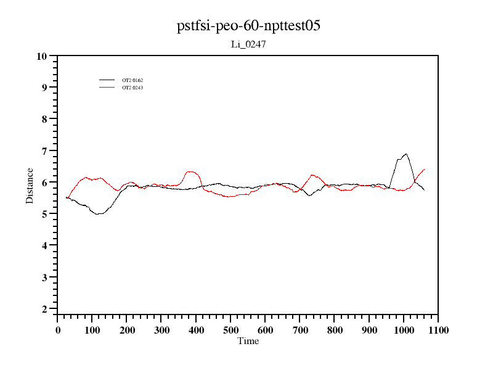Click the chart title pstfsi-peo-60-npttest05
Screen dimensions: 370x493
[248, 27]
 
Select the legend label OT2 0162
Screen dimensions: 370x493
[132, 80]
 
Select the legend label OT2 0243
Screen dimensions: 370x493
[132, 88]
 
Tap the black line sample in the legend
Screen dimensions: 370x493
[107, 80]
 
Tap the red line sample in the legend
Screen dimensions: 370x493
[107, 88]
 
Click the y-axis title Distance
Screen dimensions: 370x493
[30, 185]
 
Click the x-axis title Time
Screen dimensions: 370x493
[248, 341]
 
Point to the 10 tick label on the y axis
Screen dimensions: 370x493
[42, 56]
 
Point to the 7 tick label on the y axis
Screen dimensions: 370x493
[44, 151]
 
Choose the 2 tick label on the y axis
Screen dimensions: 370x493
[44, 309]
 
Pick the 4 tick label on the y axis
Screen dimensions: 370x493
[44, 245]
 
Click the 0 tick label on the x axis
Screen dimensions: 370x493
[58, 330]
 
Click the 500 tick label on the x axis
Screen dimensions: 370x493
[230, 330]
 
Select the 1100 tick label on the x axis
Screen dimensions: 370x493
[438, 330]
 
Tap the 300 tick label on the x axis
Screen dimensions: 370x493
[161, 330]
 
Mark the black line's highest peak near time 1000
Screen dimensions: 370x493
[405, 154]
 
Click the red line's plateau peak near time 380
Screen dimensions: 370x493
[190, 171]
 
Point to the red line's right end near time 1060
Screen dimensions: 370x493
[425, 169]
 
